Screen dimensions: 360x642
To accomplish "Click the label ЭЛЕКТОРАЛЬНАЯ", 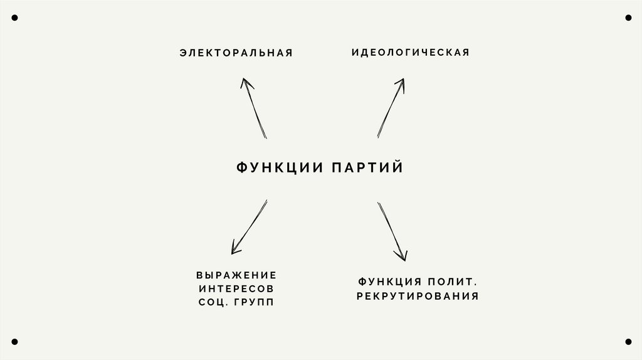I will (x=236, y=53).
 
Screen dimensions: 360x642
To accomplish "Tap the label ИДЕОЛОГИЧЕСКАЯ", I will (x=410, y=53).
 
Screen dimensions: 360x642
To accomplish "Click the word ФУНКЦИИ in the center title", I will (x=280, y=168).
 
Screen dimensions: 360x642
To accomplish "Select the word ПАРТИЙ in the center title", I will (x=367, y=168).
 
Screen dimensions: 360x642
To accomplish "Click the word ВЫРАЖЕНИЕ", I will (x=236, y=275).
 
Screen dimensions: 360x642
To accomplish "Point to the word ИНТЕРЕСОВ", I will (x=236, y=289).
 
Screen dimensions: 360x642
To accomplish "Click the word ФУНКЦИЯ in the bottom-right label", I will (x=389, y=282).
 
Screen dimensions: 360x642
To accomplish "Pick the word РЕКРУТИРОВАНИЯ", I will (x=418, y=296).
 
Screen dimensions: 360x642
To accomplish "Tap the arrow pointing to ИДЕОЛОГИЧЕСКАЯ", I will (x=391, y=107).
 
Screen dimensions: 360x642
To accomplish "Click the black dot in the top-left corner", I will (x=14, y=18).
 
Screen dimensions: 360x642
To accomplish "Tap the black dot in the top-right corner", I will (x=628, y=18).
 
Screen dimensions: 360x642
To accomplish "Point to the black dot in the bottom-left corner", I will (x=14, y=342).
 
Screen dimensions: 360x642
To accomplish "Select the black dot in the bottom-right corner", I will (x=628, y=342).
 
